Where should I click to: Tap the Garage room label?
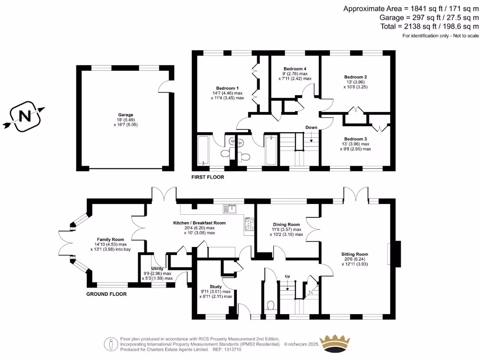tap(125, 114)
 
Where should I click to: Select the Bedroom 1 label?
tap(227, 88)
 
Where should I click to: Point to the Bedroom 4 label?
tap(295, 68)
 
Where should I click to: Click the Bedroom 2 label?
tap(355, 77)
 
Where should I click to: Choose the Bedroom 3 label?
tap(355, 139)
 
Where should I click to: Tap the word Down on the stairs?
tap(311, 127)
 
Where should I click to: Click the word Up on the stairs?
tap(287, 277)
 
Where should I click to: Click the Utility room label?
tap(157, 268)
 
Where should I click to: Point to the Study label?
tap(216, 286)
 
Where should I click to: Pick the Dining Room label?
tap(286, 225)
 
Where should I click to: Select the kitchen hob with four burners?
tap(248, 225)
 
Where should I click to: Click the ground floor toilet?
tap(270, 306)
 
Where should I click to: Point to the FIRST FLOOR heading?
tap(207, 177)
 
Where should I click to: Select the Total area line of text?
tap(430, 27)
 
